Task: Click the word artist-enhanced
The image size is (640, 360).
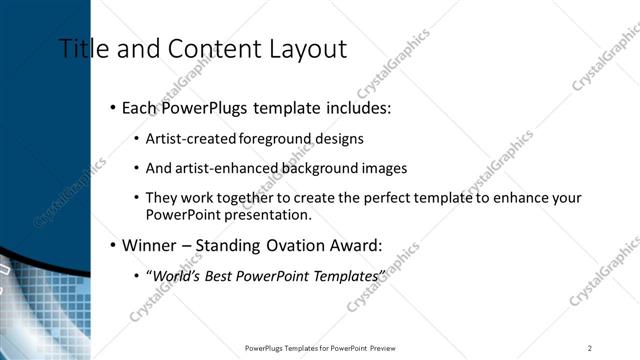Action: tap(216, 168)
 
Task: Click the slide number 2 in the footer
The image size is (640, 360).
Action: tap(589, 347)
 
